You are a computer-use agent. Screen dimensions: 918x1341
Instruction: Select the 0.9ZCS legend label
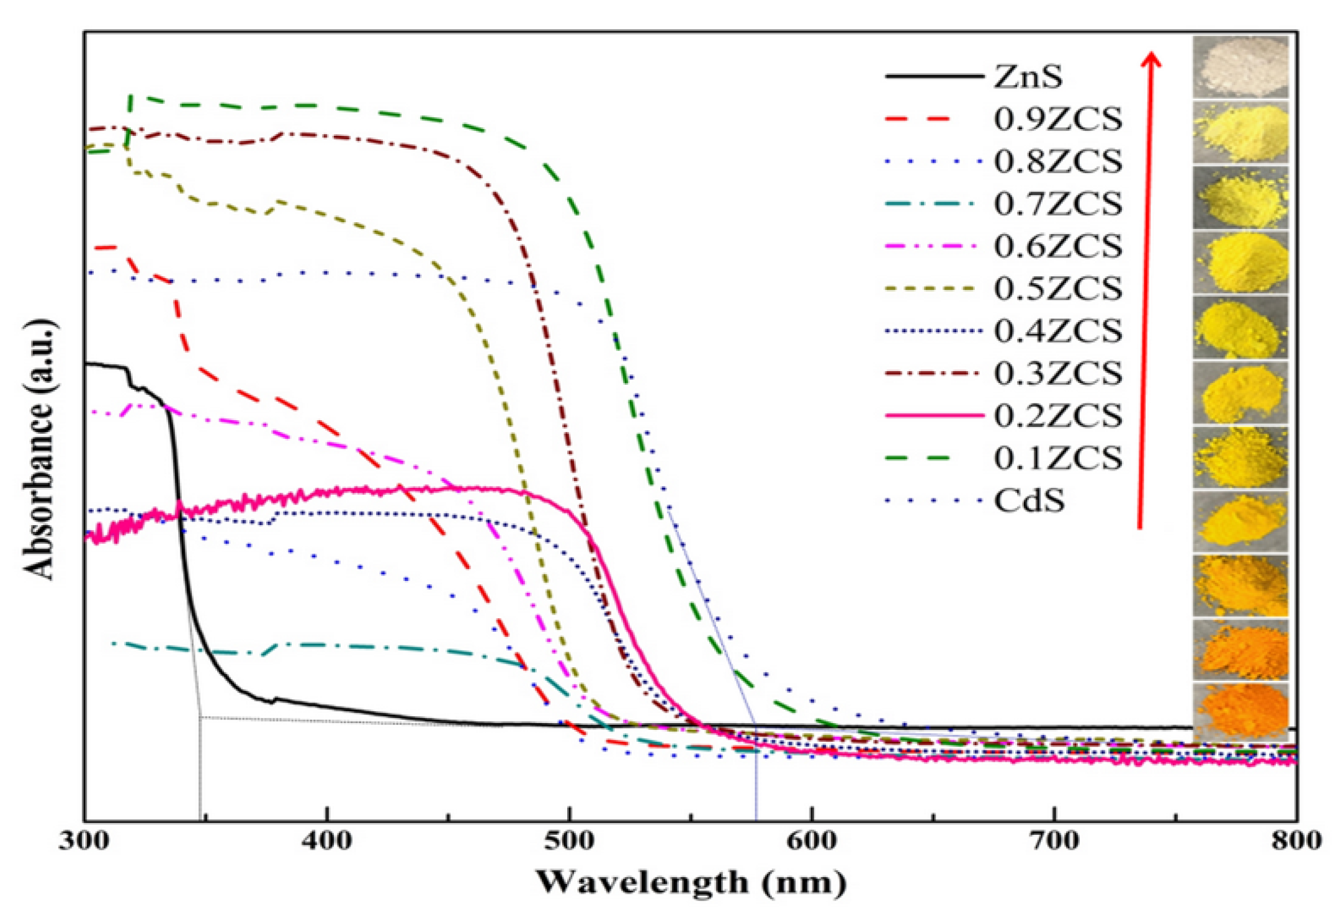point(1058,119)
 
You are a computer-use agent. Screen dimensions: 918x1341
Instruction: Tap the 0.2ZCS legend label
point(1058,415)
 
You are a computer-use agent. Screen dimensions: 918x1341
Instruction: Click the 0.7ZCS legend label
point(1058,204)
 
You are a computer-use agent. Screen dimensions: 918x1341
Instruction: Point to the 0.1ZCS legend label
point(1058,458)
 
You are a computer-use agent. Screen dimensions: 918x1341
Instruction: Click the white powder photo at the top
point(1240,67)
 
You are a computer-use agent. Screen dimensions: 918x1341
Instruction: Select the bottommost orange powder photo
point(1240,711)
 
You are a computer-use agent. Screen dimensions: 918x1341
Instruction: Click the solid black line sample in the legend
point(934,77)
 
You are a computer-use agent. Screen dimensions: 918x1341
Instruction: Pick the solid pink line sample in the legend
point(934,415)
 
